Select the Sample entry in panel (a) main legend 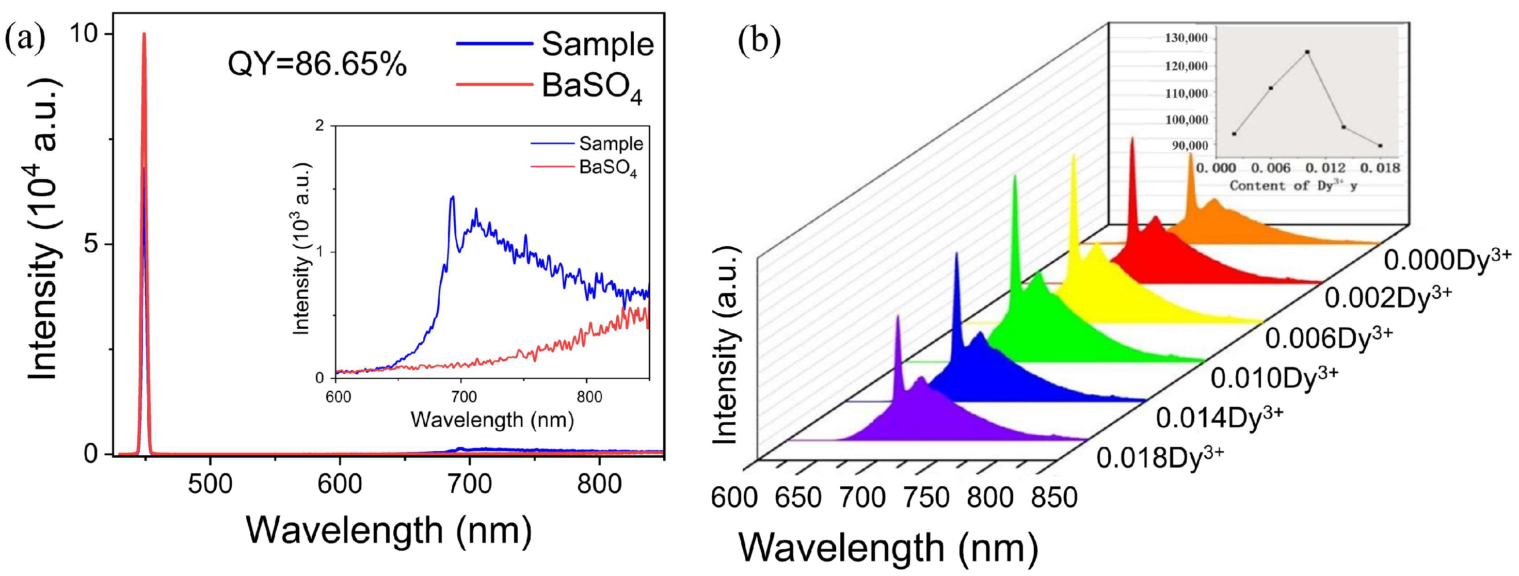coord(597,44)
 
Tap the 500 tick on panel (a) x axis coord(210,484)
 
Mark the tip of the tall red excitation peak coord(144,34)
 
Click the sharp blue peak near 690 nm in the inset coord(452,198)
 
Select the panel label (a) coord(24,39)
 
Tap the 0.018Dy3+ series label coord(1159,457)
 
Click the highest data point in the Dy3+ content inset coord(1307,52)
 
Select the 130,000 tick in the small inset coord(1186,38)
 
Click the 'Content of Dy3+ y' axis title coord(1293,186)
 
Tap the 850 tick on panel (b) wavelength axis coord(1054,497)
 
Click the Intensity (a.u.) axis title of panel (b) coord(726,345)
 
